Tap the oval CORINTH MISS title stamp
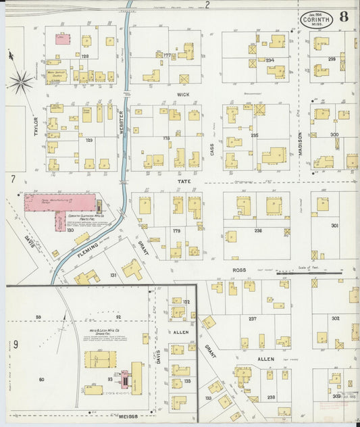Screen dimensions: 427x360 click(x=317, y=18)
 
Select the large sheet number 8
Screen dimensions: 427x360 click(x=344, y=17)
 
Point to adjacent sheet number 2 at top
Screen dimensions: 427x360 click(x=207, y=5)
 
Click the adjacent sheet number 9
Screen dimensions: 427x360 click(x=15, y=344)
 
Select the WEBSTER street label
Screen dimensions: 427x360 click(x=122, y=124)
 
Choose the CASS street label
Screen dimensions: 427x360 click(x=211, y=149)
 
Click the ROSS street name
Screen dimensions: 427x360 click(x=239, y=269)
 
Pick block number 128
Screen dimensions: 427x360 click(x=85, y=57)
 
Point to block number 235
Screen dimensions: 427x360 click(x=254, y=135)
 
